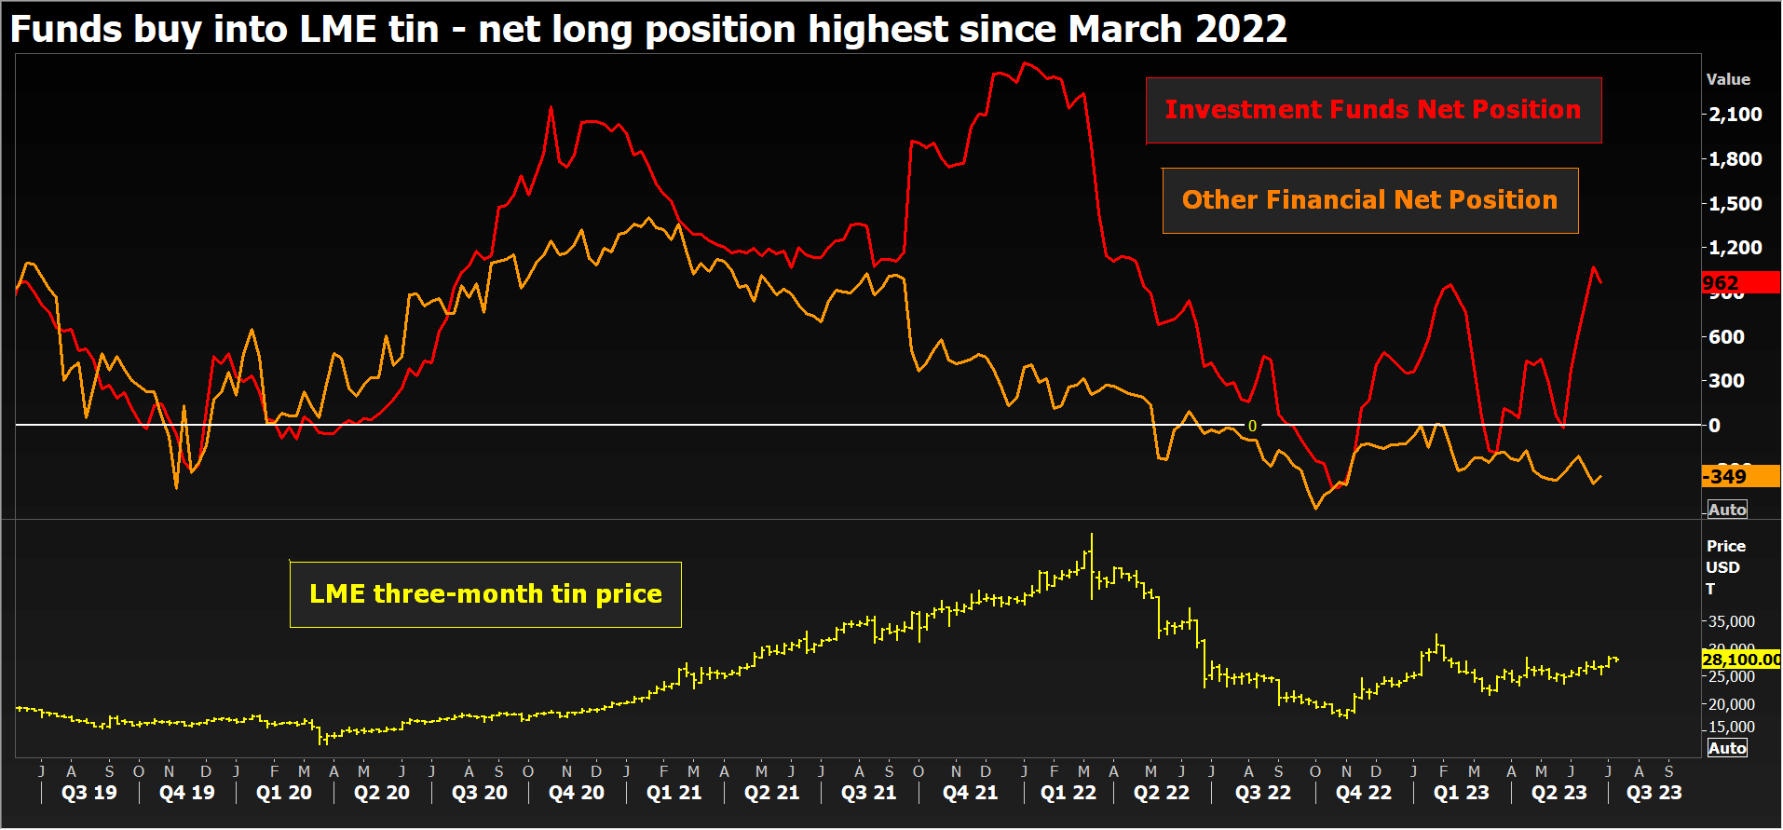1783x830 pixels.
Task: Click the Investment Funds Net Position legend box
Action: pos(1373,110)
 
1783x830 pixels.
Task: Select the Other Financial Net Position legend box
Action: pos(1369,200)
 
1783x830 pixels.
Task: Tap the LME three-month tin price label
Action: pos(485,594)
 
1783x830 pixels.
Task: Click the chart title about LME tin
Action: pos(648,29)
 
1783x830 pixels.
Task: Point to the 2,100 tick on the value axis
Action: pos(1735,115)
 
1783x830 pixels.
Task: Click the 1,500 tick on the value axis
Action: pos(1735,203)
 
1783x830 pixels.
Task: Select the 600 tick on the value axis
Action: pos(1726,337)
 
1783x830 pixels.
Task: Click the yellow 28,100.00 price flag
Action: pos(1740,660)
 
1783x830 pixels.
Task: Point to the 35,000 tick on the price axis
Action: pos(1731,621)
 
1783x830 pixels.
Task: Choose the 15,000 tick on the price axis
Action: pos(1731,728)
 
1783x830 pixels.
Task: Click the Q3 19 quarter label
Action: pos(89,793)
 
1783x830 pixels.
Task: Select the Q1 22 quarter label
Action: pos(1068,793)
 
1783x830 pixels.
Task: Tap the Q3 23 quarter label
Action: pos(1654,793)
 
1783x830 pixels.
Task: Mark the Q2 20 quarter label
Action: pos(382,793)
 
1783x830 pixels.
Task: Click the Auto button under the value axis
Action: pos(1727,510)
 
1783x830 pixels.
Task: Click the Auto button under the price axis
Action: pos(1727,748)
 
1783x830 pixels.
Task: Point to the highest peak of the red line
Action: pos(1025,63)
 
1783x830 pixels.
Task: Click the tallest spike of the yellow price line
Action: pos(1092,535)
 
